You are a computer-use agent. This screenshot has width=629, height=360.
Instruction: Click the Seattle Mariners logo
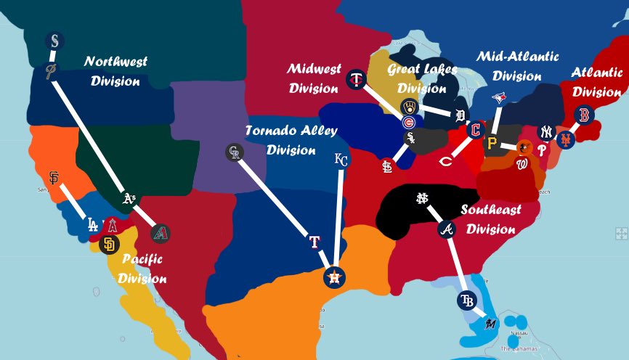click(x=55, y=41)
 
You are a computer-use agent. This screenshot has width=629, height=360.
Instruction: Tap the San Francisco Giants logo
click(x=53, y=178)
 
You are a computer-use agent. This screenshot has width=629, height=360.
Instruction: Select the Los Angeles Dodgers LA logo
click(x=92, y=224)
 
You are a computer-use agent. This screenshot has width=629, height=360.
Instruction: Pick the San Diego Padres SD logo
click(x=110, y=245)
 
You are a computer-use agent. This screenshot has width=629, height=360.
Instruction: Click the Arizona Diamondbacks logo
click(x=161, y=234)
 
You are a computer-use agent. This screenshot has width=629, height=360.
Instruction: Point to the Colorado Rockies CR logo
click(x=234, y=152)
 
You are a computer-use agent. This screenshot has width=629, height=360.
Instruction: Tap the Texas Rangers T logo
click(x=314, y=242)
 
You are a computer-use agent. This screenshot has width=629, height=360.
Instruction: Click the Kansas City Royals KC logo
click(x=341, y=160)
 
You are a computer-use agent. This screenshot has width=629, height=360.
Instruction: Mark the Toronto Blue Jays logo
click(x=499, y=97)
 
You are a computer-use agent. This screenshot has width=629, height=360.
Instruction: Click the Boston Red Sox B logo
click(x=583, y=115)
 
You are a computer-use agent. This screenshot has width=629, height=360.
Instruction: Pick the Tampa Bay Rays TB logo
click(x=466, y=300)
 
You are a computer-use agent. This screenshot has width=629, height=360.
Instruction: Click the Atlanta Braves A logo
click(x=447, y=230)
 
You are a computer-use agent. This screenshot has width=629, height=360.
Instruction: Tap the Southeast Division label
click(x=491, y=219)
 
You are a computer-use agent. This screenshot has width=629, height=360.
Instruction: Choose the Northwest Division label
click(x=115, y=71)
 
